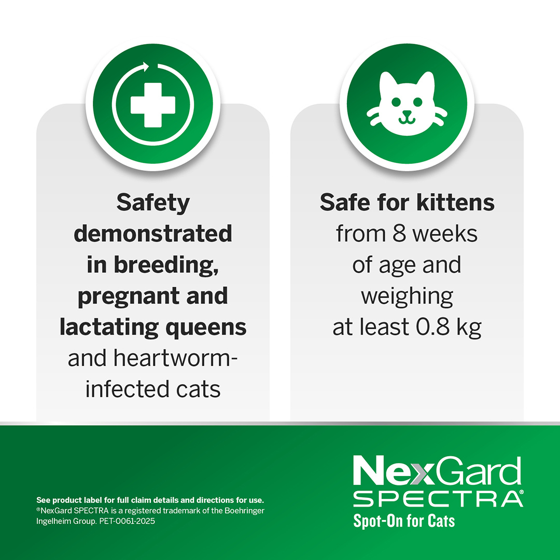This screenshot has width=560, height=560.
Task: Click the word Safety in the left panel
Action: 153,203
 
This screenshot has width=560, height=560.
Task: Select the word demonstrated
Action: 153,234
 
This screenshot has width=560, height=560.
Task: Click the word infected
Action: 119,389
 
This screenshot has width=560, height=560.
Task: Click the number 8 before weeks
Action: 399,234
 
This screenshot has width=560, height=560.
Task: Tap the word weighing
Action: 407,296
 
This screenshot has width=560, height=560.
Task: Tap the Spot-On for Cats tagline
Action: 404,520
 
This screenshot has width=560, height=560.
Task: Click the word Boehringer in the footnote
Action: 244,511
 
